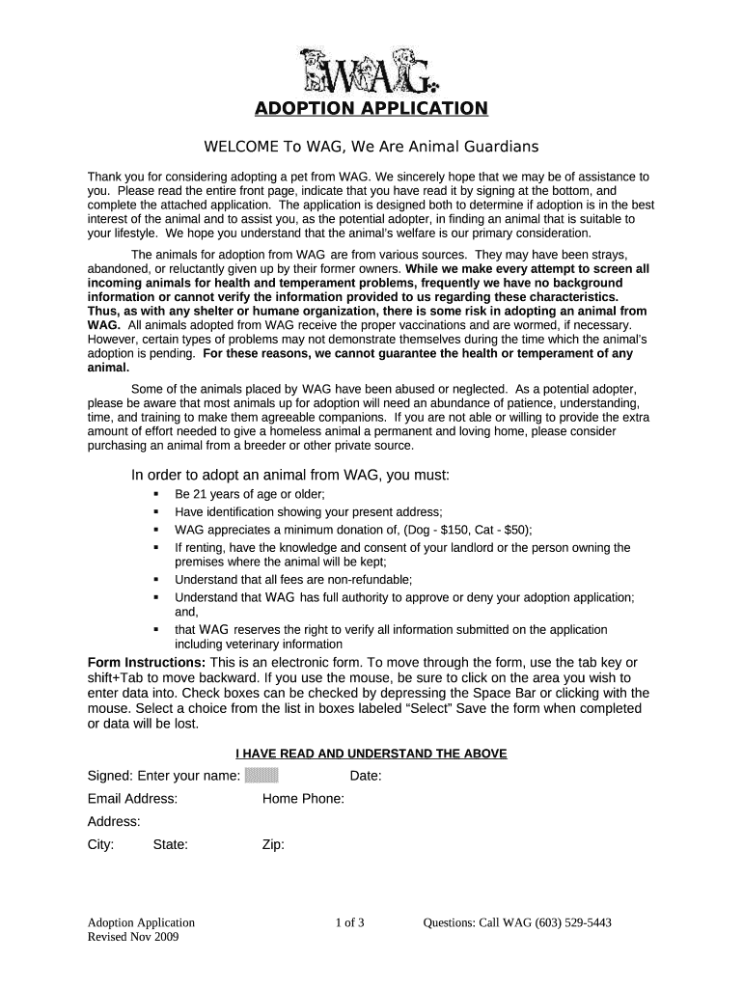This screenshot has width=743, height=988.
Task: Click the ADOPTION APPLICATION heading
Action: [x=371, y=107]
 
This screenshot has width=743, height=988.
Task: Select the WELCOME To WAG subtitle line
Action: [x=370, y=147]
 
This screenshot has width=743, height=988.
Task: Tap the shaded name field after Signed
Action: [x=261, y=775]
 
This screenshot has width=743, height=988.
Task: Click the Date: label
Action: [x=366, y=776]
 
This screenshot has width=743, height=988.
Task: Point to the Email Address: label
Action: [x=132, y=799]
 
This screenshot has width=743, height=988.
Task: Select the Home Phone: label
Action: [x=303, y=799]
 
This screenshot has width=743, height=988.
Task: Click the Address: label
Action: [x=114, y=822]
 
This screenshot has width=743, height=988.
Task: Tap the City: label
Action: [x=101, y=844]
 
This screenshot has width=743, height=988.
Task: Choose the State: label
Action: [x=170, y=844]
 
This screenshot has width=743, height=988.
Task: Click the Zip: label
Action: [x=273, y=844]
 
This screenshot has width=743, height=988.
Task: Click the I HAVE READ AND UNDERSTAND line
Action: [x=371, y=753]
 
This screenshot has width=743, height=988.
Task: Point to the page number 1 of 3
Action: [x=349, y=922]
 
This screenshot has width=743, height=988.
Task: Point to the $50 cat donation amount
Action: [x=511, y=530]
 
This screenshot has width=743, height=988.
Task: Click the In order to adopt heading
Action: [x=290, y=476]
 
